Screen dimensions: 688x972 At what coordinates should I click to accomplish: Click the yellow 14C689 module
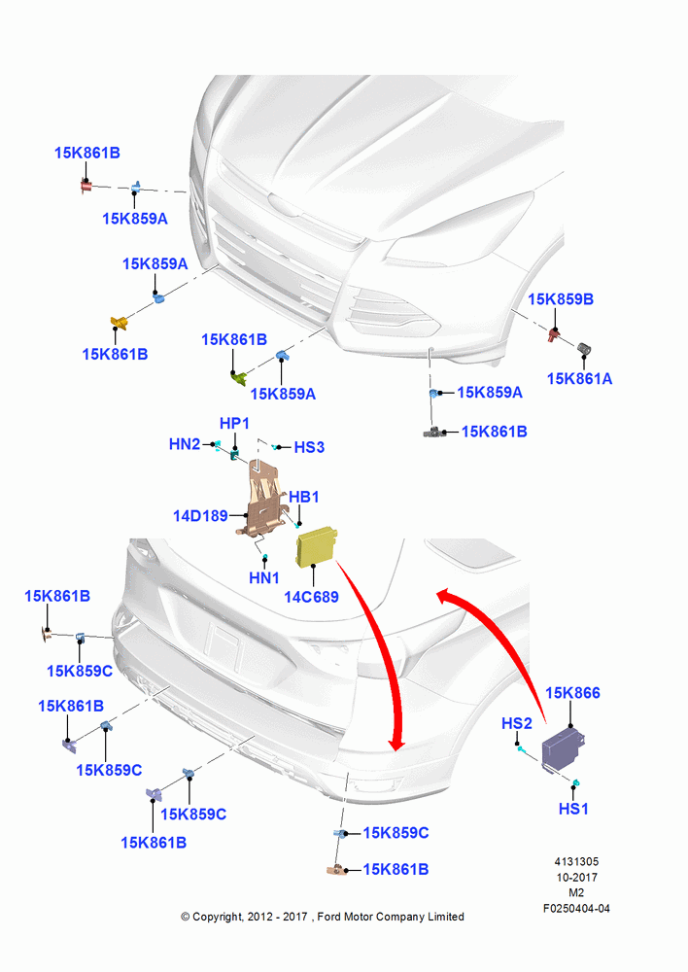coord(317,546)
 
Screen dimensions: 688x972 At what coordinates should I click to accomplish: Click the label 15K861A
coord(579,379)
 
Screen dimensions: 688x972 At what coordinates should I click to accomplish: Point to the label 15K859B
coord(561,299)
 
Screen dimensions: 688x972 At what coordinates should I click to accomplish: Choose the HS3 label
coord(309,447)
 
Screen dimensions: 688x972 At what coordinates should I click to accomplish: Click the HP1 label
coord(234,424)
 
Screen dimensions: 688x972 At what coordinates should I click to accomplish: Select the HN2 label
coord(185,444)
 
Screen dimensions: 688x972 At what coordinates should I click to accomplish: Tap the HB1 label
coord(304,497)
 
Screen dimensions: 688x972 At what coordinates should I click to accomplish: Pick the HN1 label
coord(264,577)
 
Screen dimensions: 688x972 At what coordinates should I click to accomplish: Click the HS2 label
coord(516,723)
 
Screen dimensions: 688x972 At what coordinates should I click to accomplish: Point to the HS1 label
coord(573,809)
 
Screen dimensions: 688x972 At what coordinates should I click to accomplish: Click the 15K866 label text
coord(572,693)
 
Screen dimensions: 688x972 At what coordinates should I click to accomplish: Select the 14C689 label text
coord(311,597)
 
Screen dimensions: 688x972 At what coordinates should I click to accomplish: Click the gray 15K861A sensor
coord(584,348)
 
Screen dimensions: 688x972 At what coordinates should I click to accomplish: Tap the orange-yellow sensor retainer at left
coord(119,323)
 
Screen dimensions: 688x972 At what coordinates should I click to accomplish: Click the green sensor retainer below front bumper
coord(238,376)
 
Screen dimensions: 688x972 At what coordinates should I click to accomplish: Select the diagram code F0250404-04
coord(576,909)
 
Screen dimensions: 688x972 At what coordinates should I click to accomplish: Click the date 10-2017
coord(576,878)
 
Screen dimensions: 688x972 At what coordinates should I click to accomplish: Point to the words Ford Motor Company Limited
coord(391,917)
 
